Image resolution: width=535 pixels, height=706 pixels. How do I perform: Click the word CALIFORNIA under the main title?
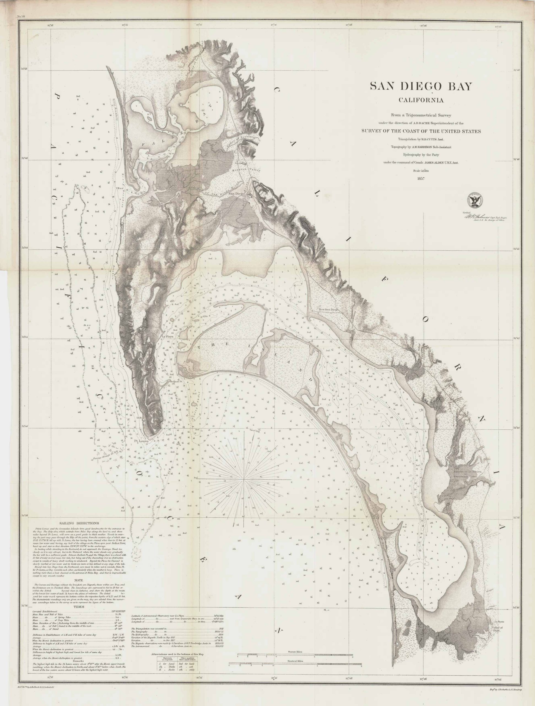pyautogui.click(x=421, y=100)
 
